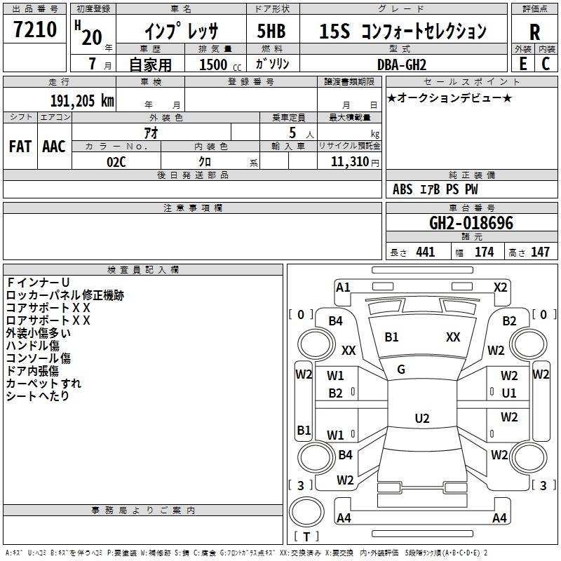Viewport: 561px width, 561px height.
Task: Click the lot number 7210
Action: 35,29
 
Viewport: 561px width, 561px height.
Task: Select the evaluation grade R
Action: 534,32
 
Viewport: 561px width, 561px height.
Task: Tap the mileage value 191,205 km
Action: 82,101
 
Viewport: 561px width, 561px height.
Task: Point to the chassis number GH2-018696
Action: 471,223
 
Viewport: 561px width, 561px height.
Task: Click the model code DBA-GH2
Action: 401,65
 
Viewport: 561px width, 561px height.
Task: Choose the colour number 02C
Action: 116,162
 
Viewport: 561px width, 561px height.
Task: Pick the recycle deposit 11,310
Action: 350,162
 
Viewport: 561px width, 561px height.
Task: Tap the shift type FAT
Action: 20,147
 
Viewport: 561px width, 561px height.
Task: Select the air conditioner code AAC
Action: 54,147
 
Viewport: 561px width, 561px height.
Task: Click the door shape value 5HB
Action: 271,31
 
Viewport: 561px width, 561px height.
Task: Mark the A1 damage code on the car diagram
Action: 343,288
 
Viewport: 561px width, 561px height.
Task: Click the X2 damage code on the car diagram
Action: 500,288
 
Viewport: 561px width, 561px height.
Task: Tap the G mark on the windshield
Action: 401,370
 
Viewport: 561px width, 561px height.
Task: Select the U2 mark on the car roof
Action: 422,418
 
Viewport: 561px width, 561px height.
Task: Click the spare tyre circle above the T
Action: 306,512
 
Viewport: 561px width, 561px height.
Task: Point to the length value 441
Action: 426,252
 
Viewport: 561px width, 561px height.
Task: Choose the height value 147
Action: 540,252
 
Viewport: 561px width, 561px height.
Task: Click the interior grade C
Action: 546,64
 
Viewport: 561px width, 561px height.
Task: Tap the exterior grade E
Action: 523,64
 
